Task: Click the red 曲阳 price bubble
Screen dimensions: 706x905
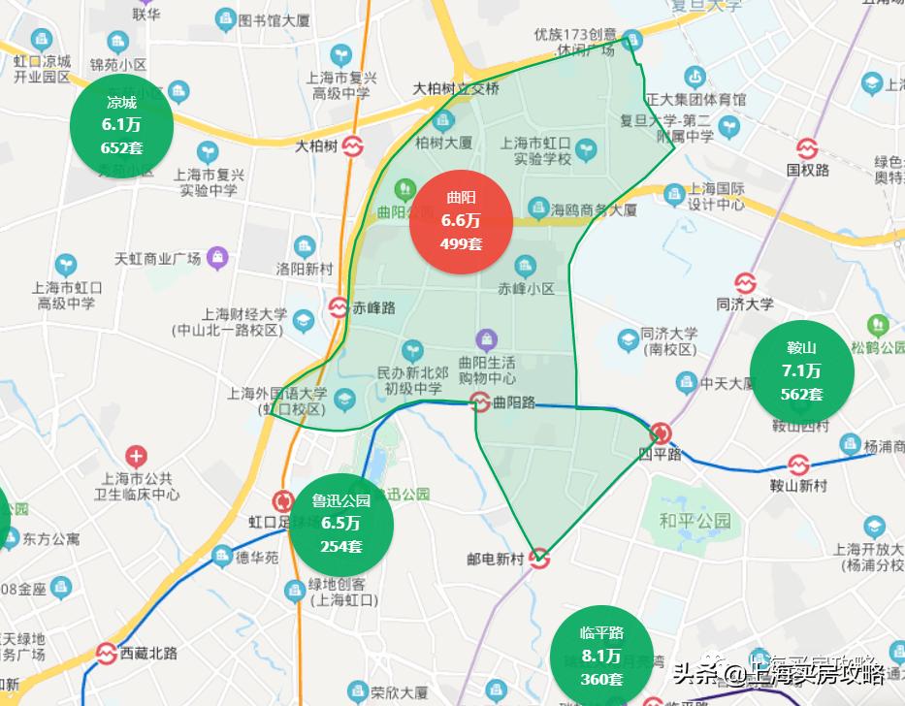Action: [461, 220]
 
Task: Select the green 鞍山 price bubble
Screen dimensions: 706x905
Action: [801, 370]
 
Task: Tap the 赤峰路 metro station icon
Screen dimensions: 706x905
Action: [338, 308]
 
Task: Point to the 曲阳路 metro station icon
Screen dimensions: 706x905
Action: [479, 401]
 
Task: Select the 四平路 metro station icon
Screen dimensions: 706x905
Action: [661, 433]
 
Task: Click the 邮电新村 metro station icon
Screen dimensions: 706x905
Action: [539, 559]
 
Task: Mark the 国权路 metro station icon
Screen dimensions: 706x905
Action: [807, 149]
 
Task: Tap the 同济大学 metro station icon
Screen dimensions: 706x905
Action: [744, 283]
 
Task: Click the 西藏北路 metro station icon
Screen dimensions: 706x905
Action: [107, 654]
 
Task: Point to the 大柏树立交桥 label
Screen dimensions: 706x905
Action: [456, 88]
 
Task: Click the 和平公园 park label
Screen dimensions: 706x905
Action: [695, 521]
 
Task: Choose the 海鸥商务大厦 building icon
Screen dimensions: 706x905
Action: [538, 208]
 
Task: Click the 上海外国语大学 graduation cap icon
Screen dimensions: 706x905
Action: [343, 400]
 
